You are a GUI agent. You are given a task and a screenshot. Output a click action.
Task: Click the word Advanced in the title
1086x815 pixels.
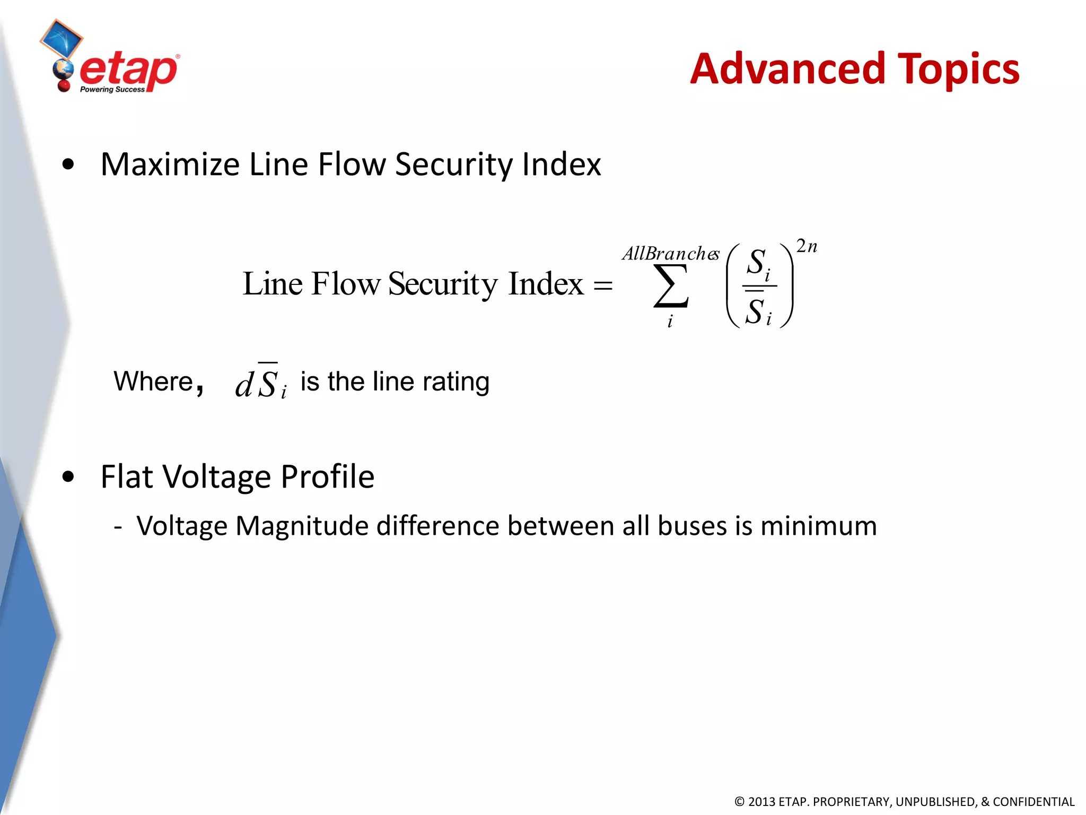coord(787,69)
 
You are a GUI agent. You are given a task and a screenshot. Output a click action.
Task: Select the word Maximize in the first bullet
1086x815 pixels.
coord(170,164)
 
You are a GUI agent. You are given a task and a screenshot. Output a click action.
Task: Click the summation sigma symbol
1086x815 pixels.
coord(671,287)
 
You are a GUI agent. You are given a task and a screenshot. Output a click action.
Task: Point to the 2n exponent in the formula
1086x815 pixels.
coord(807,246)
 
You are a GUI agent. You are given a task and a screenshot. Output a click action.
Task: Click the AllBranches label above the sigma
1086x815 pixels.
coord(670,254)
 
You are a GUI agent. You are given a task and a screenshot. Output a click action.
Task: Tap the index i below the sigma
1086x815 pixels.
coord(670,322)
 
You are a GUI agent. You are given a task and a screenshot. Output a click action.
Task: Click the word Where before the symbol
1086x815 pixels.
coord(154,382)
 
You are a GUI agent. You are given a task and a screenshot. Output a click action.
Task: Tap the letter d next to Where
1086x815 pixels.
coord(244,385)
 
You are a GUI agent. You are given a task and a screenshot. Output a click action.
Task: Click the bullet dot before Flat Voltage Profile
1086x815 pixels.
coord(68,476)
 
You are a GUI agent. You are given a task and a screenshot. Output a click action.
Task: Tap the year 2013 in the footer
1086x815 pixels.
coord(761,802)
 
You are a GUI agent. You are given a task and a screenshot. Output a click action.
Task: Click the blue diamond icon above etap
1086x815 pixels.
coord(62,39)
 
